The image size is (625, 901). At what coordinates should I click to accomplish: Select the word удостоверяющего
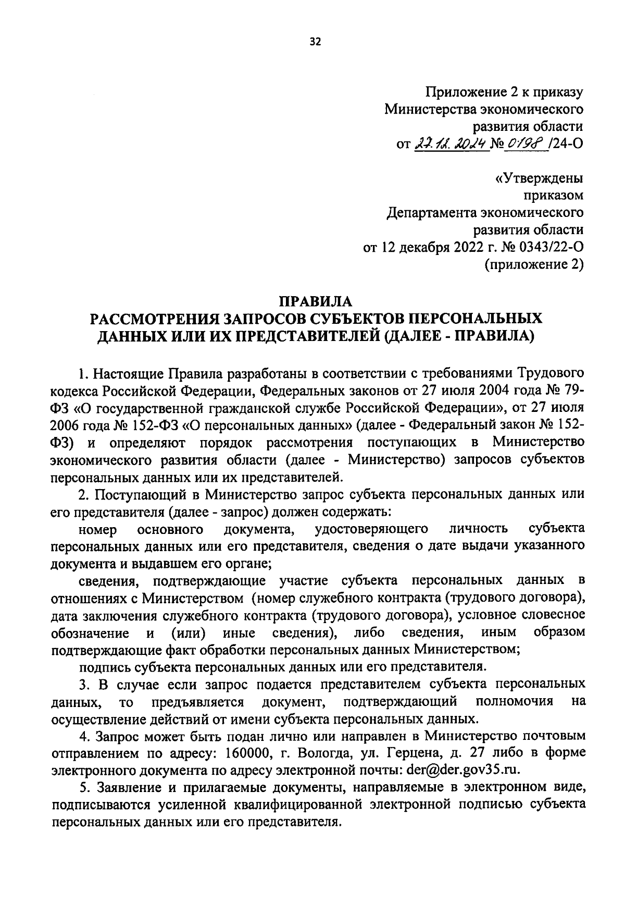click(372, 529)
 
